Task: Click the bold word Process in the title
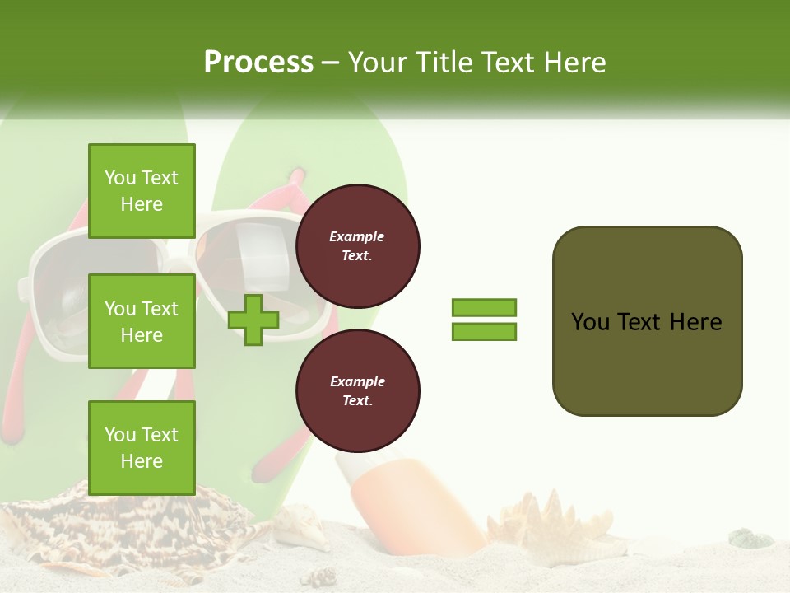pyautogui.click(x=258, y=63)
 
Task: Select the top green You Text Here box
pyautogui.click(x=142, y=191)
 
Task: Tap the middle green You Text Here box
pyautogui.click(x=142, y=321)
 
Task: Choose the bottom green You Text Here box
pyautogui.click(x=142, y=448)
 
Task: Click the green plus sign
pyautogui.click(x=253, y=320)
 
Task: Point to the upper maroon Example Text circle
pyautogui.click(x=357, y=246)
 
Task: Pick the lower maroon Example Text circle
pyautogui.click(x=357, y=391)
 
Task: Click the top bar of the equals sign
pyautogui.click(x=484, y=308)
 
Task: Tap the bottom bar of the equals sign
pyautogui.click(x=484, y=332)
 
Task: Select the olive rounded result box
pyautogui.click(x=647, y=321)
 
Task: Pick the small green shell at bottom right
pyautogui.click(x=750, y=539)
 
